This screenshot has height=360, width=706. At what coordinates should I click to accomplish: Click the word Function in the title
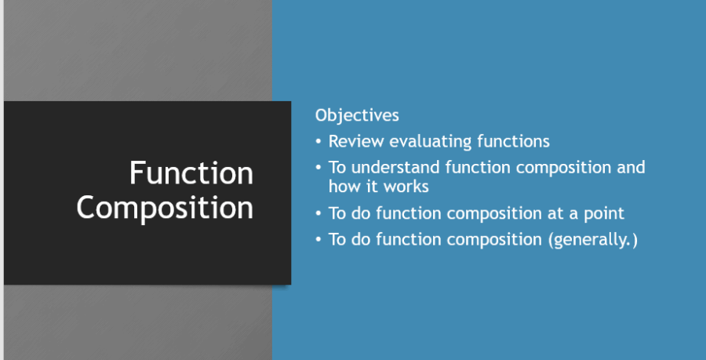(x=191, y=173)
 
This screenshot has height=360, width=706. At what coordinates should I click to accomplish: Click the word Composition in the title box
(x=165, y=208)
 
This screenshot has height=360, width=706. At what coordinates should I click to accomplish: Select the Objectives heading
(x=357, y=115)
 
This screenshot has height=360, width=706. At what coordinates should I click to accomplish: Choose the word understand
(x=395, y=167)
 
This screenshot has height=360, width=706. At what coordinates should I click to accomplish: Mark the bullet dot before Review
(x=318, y=142)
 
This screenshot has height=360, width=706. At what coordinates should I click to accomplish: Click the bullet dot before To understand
(x=318, y=168)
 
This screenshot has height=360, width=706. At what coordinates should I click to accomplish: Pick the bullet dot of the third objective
(x=318, y=213)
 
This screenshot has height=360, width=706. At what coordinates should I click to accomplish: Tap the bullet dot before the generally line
(x=318, y=239)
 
